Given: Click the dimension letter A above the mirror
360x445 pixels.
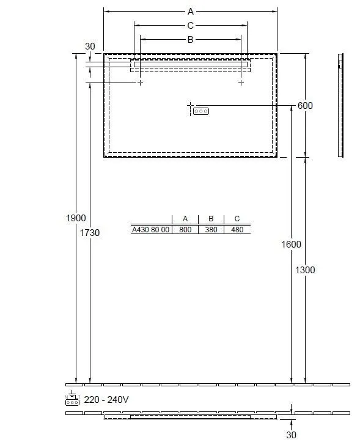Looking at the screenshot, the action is pyautogui.click(x=190, y=12).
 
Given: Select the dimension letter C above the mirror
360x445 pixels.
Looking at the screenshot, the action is pyautogui.click(x=190, y=26).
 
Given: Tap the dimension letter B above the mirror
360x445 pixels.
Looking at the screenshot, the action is pyautogui.click(x=190, y=40).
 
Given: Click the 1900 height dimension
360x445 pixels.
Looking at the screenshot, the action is pyautogui.click(x=76, y=218).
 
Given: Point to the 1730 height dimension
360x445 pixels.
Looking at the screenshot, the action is pyautogui.click(x=90, y=233).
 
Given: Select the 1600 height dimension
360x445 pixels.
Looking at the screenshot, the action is pyautogui.click(x=291, y=244).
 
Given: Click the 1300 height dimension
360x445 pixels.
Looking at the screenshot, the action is pyautogui.click(x=305, y=270).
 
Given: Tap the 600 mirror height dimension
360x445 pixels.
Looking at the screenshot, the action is pyautogui.click(x=305, y=106).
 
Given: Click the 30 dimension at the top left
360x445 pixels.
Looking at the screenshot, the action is pyautogui.click(x=90, y=46).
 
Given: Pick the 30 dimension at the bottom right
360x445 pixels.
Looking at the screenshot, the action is pyautogui.click(x=291, y=435).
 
